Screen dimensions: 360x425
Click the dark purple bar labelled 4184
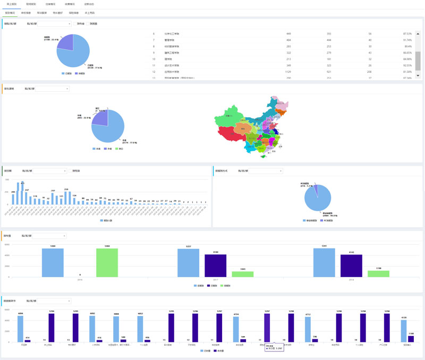point(216,265)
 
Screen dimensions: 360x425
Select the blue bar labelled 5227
point(189,263)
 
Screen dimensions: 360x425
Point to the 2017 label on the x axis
point(216,279)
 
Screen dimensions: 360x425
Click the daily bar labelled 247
point(27,199)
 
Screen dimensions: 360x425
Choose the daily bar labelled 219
point(66,198)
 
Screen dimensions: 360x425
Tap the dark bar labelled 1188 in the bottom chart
point(410,339)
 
